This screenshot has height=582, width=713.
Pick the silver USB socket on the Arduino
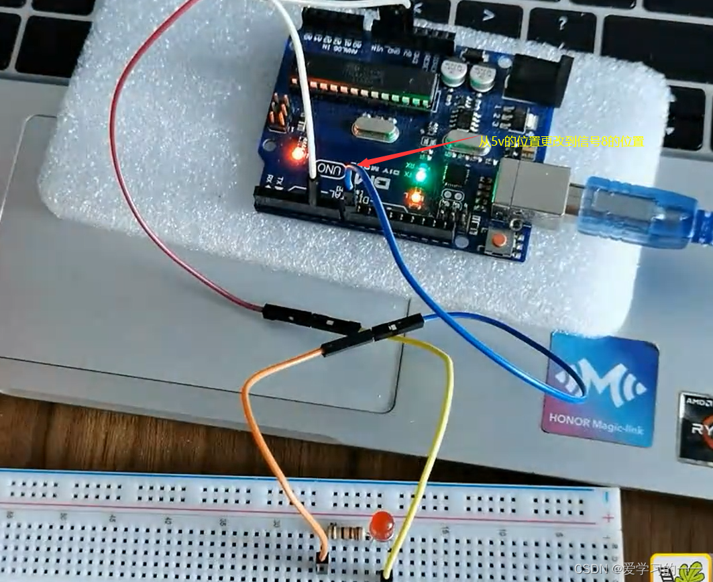coord(530,187)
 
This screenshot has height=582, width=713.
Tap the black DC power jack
coord(541,73)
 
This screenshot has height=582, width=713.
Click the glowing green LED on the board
coord(421,176)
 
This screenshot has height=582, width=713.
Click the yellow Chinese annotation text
coord(561,141)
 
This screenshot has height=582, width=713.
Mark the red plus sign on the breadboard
coord(608,518)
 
